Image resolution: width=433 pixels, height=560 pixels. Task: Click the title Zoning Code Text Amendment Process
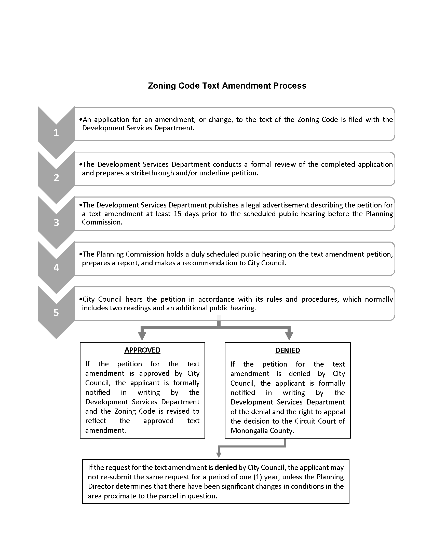227,86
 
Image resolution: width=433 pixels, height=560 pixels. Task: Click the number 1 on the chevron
56,133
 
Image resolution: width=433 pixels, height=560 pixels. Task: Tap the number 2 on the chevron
56,178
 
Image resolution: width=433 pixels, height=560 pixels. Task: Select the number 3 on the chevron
56,222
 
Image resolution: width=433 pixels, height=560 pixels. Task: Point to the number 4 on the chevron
56,268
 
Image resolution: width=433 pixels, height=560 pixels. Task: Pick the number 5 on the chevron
56,313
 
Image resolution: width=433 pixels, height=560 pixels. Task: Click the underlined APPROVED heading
142,350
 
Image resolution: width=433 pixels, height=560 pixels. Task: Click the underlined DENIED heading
287,351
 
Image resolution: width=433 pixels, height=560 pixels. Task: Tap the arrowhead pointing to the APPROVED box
142,336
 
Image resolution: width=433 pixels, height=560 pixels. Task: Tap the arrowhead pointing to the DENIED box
289,336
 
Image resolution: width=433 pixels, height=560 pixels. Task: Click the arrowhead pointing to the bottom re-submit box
219,455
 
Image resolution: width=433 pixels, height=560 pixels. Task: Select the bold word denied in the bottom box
225,467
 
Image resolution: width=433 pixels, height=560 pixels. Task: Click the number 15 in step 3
178,214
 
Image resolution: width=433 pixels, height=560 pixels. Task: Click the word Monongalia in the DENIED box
247,430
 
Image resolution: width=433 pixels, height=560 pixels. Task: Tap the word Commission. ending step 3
102,222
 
